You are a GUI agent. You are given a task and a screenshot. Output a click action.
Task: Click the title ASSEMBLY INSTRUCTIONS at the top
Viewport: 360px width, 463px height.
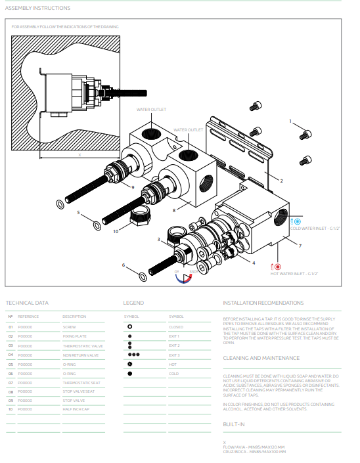click(x=37, y=8)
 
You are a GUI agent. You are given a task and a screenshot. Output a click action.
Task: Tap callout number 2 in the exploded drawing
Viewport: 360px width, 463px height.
click(x=281, y=180)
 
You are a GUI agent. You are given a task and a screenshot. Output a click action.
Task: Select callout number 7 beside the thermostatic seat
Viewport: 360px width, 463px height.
click(x=300, y=246)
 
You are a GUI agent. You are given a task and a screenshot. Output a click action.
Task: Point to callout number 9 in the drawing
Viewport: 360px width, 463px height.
click(x=133, y=187)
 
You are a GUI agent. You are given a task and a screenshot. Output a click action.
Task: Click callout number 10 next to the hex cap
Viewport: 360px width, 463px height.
click(x=116, y=231)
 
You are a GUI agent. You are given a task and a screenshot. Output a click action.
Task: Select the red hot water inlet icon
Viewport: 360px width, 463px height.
click(x=277, y=267)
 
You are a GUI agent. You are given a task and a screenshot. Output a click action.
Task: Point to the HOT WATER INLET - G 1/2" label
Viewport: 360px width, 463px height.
click(x=294, y=274)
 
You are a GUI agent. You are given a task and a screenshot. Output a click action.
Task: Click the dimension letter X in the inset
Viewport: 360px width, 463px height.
click(x=79, y=155)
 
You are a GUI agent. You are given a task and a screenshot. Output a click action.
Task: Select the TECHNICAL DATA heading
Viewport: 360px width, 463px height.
click(x=27, y=303)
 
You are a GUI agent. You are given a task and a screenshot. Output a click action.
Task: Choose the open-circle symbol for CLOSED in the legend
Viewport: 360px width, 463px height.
click(x=130, y=326)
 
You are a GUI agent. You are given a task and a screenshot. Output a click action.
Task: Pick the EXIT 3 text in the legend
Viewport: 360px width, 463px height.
click(x=174, y=355)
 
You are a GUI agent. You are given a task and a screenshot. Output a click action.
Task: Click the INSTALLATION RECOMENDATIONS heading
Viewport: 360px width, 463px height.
click(x=263, y=303)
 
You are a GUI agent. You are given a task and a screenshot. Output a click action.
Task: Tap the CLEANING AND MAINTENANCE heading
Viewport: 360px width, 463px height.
click(x=261, y=358)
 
